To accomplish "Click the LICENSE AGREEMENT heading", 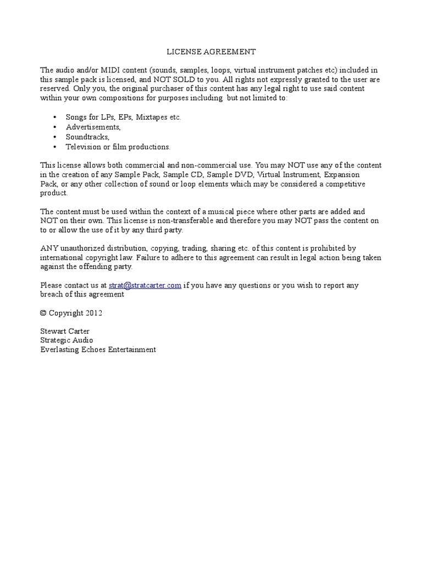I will (212, 52).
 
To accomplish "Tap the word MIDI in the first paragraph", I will (108, 70).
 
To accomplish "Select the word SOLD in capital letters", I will (192, 79).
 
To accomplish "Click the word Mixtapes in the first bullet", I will (152, 117).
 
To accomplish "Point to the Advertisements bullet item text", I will (93, 127).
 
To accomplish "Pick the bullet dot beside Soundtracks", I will (55, 137).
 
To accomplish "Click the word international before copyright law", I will (62, 257).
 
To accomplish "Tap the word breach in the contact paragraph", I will (52, 294).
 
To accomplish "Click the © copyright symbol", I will (43, 313).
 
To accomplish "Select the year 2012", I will (93, 313).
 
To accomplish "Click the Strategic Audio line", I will (66, 340).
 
